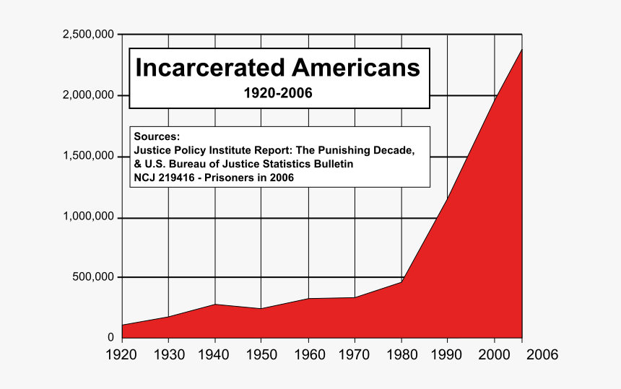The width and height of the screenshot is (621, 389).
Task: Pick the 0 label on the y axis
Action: click(x=110, y=337)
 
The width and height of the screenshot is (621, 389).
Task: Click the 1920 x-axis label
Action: click(x=122, y=355)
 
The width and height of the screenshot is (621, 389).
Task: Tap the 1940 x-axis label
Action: click(x=214, y=355)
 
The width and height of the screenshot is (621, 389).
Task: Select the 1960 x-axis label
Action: click(x=308, y=355)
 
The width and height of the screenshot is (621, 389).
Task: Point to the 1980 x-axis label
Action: click(x=401, y=355)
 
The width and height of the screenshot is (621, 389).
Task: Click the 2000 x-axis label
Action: click(x=495, y=355)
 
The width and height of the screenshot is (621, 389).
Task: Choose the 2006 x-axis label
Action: click(x=541, y=355)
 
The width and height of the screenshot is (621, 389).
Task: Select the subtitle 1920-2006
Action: click(x=278, y=93)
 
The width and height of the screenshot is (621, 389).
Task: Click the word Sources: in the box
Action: click(x=157, y=137)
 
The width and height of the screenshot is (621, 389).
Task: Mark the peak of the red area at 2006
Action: click(x=521, y=49)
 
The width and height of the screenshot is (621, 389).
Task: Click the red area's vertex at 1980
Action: click(x=401, y=281)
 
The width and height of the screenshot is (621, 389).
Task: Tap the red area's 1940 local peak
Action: click(x=214, y=304)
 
